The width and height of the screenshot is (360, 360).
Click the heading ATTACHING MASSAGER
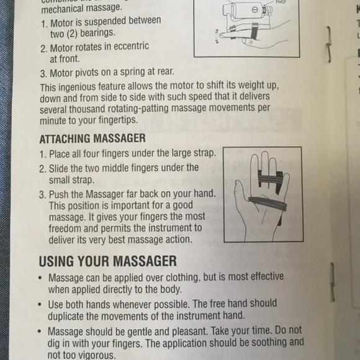92,138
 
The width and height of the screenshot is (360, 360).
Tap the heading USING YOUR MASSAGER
107,261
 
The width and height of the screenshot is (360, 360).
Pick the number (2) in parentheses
66,33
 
